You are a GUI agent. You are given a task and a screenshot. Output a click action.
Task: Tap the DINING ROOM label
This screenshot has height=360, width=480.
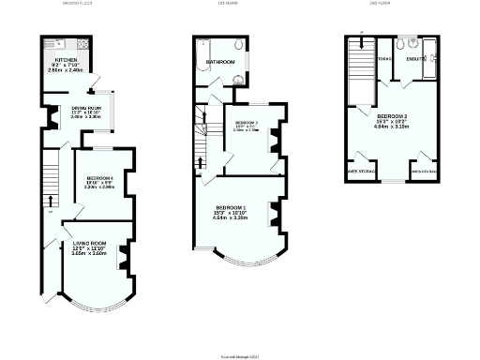(x=86, y=107)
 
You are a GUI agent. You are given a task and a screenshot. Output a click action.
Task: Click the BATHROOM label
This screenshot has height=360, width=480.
(x=220, y=63)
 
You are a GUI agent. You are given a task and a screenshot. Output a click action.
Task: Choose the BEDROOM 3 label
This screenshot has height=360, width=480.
(x=246, y=123)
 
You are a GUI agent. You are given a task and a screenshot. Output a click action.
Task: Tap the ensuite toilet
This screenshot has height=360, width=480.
(x=400, y=43)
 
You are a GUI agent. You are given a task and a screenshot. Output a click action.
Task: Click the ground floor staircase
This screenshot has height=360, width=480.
(x=48, y=183)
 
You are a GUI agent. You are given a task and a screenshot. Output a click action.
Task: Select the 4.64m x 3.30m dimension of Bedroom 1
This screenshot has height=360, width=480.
(x=232, y=217)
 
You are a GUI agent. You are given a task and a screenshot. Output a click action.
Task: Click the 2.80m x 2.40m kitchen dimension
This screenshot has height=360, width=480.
(x=65, y=70)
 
